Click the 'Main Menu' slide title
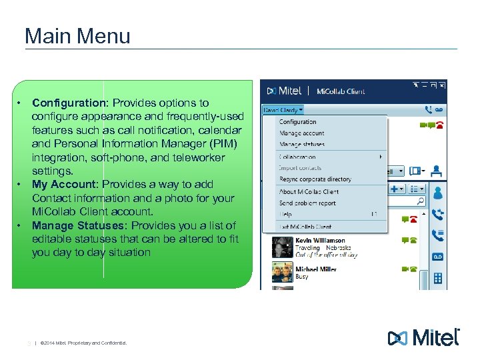tap(77, 35)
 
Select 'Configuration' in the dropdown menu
tap(297, 122)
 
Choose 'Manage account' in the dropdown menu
tap(302, 133)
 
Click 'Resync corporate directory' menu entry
tap(315, 179)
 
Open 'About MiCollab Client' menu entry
tap(309, 192)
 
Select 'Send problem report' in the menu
tap(307, 203)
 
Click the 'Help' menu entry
tap(285, 215)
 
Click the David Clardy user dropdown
tap(284, 109)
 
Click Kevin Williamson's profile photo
tap(281, 247)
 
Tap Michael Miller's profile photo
tap(281, 272)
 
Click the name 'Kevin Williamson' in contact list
tap(320, 241)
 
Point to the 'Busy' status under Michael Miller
tap(302, 277)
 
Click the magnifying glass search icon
tap(420, 200)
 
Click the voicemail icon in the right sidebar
tap(438, 257)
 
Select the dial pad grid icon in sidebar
tap(438, 279)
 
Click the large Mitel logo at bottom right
tap(424, 337)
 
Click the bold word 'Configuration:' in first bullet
tap(71, 103)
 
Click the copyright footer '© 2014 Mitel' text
tap(83, 344)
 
